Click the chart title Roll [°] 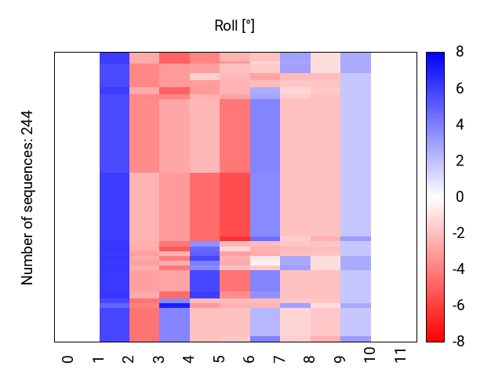235,26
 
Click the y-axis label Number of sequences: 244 28,197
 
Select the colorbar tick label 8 460,53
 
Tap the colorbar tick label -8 457,342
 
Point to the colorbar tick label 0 460,197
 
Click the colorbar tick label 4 460,125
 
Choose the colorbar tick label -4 457,269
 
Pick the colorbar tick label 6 460,89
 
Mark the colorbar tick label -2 457,233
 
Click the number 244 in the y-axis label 28,123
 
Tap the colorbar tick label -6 457,306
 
